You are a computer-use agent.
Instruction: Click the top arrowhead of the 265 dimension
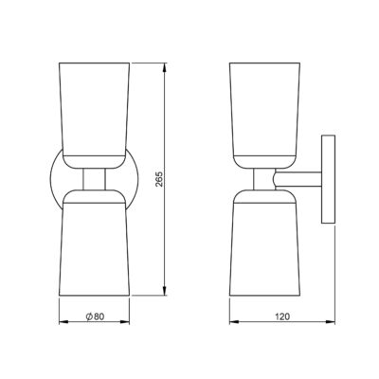169,66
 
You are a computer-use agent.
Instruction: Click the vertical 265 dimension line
169,227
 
